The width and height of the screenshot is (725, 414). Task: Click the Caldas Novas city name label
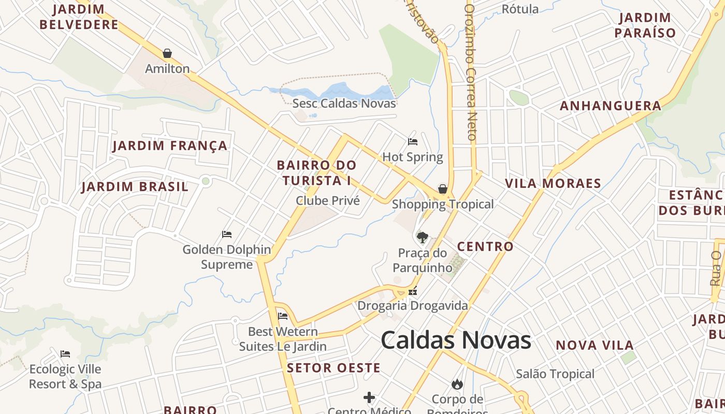point(456,341)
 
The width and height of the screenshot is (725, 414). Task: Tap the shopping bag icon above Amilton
point(167,53)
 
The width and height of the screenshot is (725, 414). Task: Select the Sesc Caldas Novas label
point(344,103)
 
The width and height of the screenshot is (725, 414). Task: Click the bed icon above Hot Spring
point(413,141)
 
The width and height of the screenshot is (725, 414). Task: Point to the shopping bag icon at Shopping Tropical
point(443,189)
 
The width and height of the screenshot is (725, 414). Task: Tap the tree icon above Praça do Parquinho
point(423,238)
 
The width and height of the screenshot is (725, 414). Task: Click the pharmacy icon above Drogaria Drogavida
point(413,291)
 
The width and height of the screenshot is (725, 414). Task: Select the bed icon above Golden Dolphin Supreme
point(227,234)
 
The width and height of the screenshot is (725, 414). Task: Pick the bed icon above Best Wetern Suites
point(283,316)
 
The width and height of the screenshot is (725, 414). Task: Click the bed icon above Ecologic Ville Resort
point(65,354)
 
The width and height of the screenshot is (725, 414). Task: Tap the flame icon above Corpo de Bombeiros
point(457,384)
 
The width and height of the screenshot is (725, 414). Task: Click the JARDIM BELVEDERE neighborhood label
point(79,17)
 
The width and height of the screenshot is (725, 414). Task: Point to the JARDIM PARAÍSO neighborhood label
point(645,25)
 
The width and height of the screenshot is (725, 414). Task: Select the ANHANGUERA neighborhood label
point(611,106)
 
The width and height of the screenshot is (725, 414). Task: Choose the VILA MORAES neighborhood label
point(553,183)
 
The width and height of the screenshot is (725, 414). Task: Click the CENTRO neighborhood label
point(485,246)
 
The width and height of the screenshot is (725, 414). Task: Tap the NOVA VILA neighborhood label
point(594,345)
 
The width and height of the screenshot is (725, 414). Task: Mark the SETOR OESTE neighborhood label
point(334,368)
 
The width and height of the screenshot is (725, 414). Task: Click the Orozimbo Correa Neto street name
point(470,72)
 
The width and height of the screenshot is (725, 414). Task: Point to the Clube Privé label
point(327,200)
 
